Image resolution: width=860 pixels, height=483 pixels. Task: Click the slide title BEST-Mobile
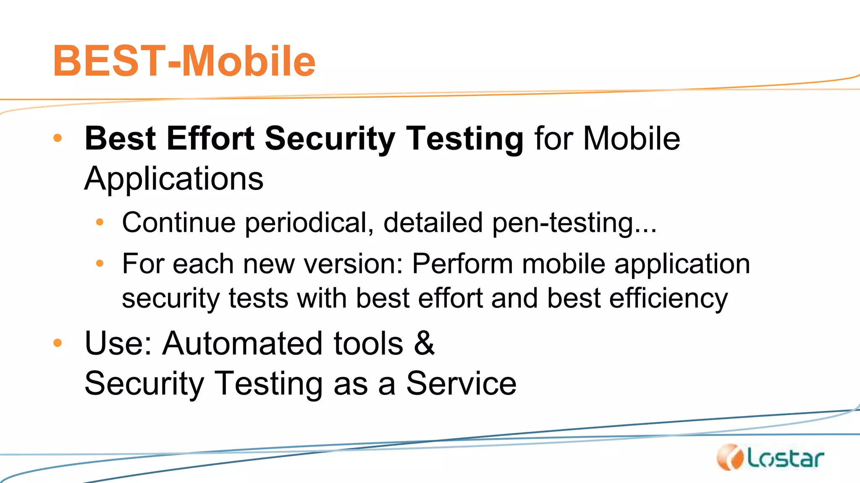pyautogui.click(x=184, y=61)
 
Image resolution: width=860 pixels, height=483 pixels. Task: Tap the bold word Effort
pyautogui.click(x=210, y=138)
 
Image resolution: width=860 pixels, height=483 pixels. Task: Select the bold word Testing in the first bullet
pyautogui.click(x=465, y=139)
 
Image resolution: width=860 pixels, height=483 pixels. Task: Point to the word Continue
pyautogui.click(x=179, y=222)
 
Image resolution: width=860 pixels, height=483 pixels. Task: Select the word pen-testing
pyautogui.click(x=574, y=223)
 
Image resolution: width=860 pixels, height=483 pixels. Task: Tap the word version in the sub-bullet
pyautogui.click(x=353, y=264)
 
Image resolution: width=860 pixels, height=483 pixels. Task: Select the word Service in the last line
pyautogui.click(x=461, y=383)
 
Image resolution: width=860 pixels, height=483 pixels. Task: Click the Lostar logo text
pyautogui.click(x=786, y=459)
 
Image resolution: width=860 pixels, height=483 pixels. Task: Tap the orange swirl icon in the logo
pyautogui.click(x=731, y=457)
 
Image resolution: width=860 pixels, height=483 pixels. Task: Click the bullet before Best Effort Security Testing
pyautogui.click(x=58, y=138)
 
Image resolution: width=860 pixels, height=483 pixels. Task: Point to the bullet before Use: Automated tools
pyautogui.click(x=58, y=343)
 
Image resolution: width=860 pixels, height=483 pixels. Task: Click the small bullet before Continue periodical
pyautogui.click(x=100, y=222)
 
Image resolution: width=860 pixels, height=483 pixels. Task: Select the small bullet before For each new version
pyautogui.click(x=100, y=264)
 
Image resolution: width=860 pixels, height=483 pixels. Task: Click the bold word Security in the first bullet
pyautogui.click(x=330, y=139)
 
